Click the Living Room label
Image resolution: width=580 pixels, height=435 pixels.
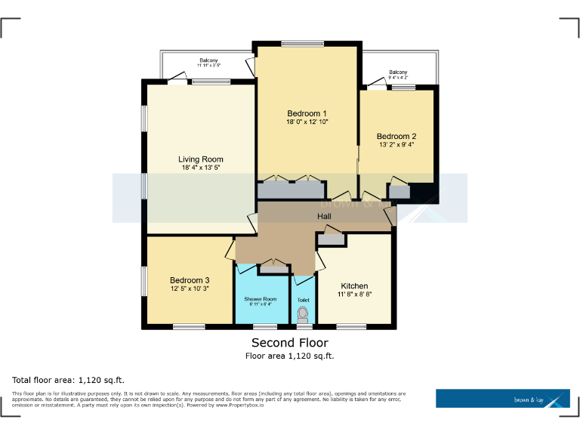click(200, 159)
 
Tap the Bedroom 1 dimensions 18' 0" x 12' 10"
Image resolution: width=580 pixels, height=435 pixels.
click(307, 122)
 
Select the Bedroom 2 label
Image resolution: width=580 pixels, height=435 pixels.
click(396, 137)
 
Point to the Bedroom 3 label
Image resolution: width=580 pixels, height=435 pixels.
click(189, 281)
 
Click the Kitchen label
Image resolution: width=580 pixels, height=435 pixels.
click(354, 285)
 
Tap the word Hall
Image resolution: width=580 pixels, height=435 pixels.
click(324, 217)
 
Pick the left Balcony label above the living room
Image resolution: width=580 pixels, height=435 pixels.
click(208, 60)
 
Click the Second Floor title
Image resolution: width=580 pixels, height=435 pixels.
click(289, 343)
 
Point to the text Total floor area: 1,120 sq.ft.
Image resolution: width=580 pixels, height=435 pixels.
click(68, 379)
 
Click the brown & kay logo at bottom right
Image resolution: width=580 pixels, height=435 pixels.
click(502, 399)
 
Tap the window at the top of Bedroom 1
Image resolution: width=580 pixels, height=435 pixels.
click(303, 43)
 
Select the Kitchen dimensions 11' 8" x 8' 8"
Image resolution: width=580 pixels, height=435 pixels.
click(354, 295)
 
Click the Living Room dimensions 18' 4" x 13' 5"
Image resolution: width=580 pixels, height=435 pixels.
click(202, 168)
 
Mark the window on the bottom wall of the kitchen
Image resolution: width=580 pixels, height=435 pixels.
click(351, 326)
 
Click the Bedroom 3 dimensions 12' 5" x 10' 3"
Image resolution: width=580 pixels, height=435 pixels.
click(189, 289)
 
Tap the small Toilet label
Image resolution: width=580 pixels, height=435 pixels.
click(303, 300)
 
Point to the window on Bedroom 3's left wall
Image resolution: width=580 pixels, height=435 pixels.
click(143, 281)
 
